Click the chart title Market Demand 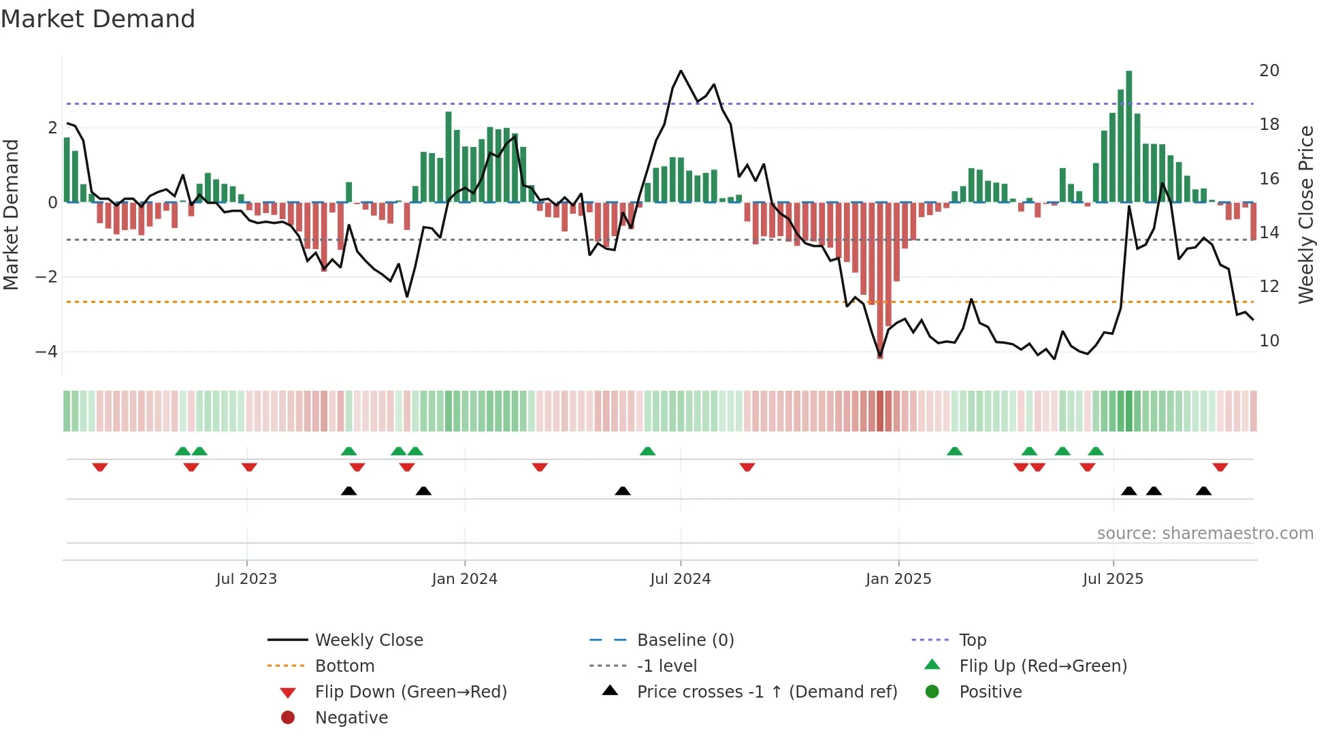point(98,19)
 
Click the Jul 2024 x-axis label point(680,579)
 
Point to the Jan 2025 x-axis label point(898,579)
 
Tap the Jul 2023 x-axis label point(246,579)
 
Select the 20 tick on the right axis point(1269,71)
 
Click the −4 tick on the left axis point(46,352)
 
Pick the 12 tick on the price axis point(1269,287)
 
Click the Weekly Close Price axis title point(1305,214)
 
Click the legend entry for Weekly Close point(368,640)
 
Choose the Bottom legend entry point(344,666)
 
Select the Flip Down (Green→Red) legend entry point(410,692)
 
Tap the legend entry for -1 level point(666,666)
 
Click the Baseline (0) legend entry point(685,640)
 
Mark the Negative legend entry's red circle point(288,718)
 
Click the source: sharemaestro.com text point(1205,534)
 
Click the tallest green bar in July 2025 point(1128,136)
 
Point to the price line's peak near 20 point(681,71)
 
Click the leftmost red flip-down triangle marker point(100,468)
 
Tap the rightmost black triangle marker point(1203,491)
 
